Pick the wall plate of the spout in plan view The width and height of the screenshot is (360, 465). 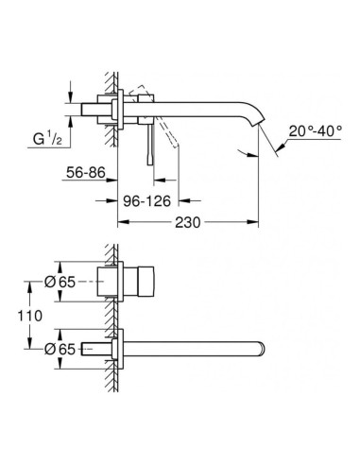[x=117, y=346]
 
